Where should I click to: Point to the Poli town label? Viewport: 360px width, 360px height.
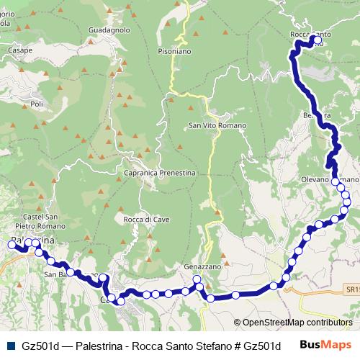37,104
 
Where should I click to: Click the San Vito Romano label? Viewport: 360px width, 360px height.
217,125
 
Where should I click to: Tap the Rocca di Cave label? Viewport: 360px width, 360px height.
146,219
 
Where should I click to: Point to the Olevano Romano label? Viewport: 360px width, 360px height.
330,178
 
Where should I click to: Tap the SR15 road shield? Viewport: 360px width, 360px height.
351,289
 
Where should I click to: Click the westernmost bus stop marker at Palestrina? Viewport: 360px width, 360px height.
11,245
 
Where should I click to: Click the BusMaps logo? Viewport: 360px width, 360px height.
325,345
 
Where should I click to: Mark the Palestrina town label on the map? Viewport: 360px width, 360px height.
32,240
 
